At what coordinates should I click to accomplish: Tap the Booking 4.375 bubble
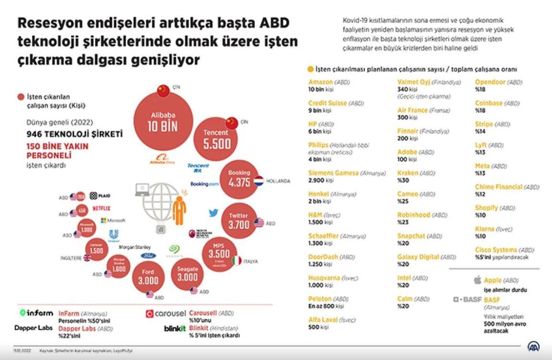point(239,179)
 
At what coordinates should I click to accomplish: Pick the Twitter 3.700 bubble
point(239,221)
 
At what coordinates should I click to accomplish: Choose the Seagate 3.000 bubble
point(187,274)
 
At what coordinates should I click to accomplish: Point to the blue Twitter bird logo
point(214,213)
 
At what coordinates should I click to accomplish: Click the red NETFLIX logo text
point(101,208)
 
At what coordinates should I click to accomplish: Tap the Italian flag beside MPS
point(236,261)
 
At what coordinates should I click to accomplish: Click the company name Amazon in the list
point(320,82)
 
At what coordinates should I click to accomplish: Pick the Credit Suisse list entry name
point(327,103)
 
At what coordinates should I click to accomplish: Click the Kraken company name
point(408,173)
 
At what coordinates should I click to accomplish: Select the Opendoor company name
point(490,82)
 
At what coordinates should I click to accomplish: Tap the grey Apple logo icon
point(477,280)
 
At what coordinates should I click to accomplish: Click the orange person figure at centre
point(180,210)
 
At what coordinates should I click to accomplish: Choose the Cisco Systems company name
point(496,250)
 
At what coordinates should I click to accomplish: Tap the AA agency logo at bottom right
point(533,347)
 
